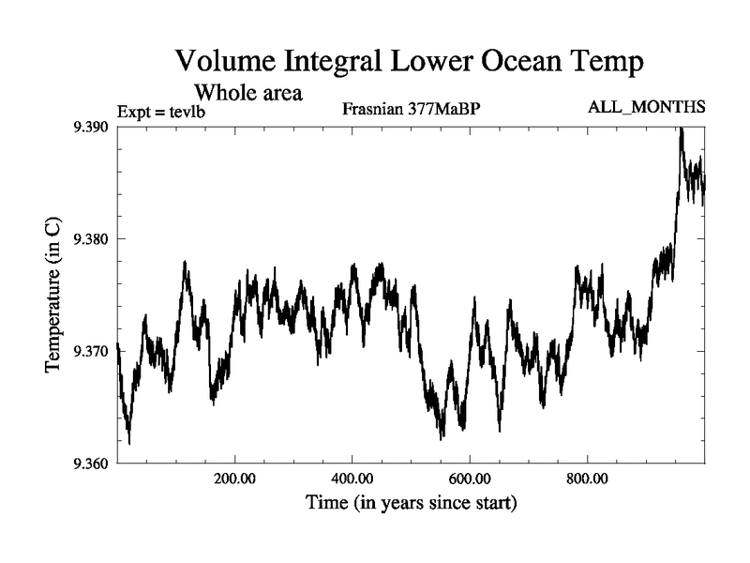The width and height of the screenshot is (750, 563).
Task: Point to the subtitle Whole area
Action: pos(247,93)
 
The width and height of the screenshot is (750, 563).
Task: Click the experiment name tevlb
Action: pos(187,113)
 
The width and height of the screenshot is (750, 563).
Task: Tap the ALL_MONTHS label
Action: pos(646,108)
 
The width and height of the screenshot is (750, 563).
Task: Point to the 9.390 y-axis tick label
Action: pos(93,127)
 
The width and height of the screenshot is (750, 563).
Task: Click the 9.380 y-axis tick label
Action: pos(93,239)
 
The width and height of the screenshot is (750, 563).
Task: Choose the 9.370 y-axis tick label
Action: pos(93,351)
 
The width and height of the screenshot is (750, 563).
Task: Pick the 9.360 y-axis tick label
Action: pos(93,463)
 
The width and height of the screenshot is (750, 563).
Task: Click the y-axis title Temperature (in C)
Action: pos(54,295)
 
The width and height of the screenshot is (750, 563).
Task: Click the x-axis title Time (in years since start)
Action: pos(411,504)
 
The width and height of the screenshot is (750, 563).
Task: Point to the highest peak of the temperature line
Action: pos(681,129)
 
